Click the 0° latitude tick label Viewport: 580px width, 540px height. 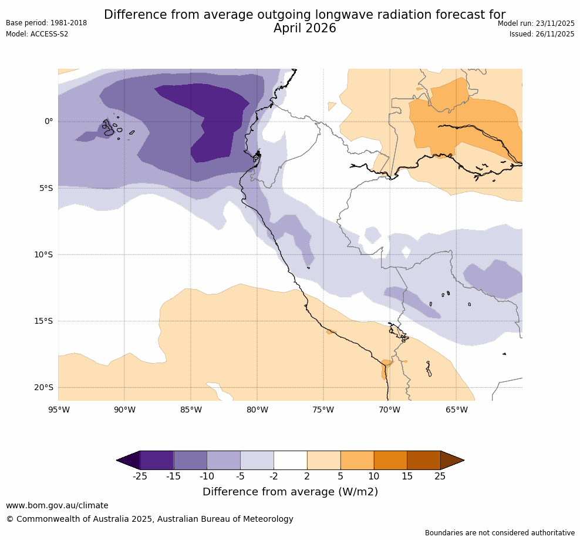click(x=49, y=122)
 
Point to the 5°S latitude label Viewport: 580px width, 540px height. click(x=46, y=188)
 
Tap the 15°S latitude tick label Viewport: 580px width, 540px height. click(x=44, y=321)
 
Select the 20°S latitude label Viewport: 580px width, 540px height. click(x=44, y=387)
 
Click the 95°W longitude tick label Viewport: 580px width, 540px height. click(x=58, y=410)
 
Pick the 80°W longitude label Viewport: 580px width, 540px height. click(x=257, y=410)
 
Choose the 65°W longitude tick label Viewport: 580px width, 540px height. click(x=456, y=410)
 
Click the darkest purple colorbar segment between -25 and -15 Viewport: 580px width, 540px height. click(x=157, y=460)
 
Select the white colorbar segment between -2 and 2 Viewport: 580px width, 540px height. click(x=290, y=460)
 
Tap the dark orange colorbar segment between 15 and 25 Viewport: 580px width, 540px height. click(x=423, y=460)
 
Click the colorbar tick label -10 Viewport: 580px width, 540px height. click(x=207, y=476)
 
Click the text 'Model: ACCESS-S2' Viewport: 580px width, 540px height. click(x=37, y=34)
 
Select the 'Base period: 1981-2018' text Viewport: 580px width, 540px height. click(x=46, y=23)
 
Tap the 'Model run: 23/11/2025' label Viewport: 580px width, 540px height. click(x=536, y=23)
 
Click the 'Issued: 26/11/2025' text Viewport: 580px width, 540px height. click(x=542, y=34)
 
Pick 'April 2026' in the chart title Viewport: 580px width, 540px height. click(x=305, y=28)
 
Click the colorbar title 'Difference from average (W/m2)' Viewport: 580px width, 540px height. click(x=290, y=492)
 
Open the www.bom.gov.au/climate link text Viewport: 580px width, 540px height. click(x=57, y=505)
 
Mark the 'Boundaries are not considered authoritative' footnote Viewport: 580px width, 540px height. click(x=500, y=533)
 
